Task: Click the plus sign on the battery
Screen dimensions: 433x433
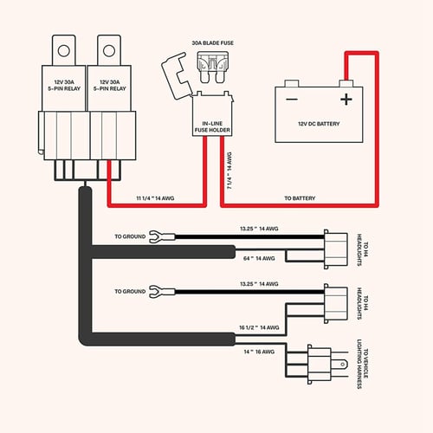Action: pyautogui.click(x=346, y=99)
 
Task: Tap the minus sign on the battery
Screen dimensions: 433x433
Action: pyautogui.click(x=293, y=99)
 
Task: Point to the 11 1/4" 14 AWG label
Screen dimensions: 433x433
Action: pyautogui.click(x=160, y=199)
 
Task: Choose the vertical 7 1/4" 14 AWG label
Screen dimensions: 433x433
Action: pyautogui.click(x=229, y=171)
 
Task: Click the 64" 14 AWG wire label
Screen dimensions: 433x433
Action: pyautogui.click(x=258, y=258)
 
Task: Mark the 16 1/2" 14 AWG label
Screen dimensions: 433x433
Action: pyautogui.click(x=257, y=329)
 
